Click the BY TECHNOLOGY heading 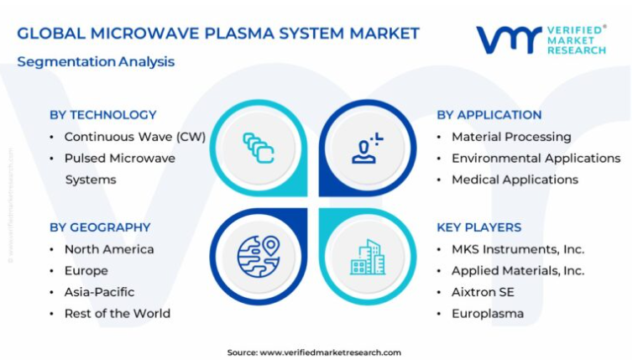(x=103, y=115)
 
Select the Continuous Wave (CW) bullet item (x=135, y=137)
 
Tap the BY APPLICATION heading (x=489, y=115)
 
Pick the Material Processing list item (x=511, y=137)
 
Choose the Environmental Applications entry (x=536, y=159)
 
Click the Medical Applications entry (x=515, y=180)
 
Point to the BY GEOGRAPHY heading (x=100, y=227)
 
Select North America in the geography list (x=109, y=249)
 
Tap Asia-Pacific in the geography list (x=99, y=292)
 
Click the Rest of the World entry (x=118, y=313)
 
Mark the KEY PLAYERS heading (x=478, y=227)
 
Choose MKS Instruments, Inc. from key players (x=518, y=249)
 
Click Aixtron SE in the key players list (x=483, y=292)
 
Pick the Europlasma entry (x=488, y=314)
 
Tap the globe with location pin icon (x=259, y=257)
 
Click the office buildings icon (x=368, y=257)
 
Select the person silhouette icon (x=367, y=148)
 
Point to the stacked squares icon (x=259, y=148)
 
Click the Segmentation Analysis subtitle (x=96, y=62)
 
